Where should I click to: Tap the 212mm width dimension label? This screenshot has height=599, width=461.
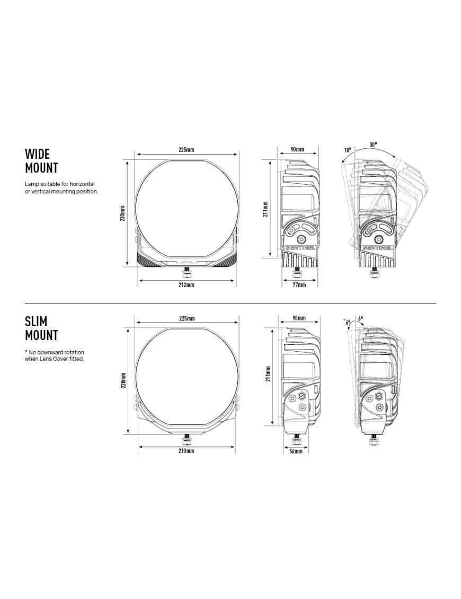point(187,285)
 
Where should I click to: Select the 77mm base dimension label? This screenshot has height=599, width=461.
point(299,285)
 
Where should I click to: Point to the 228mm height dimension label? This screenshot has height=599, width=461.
point(122,380)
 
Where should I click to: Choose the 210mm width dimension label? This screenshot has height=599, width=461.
point(187,451)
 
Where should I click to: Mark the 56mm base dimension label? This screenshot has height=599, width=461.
point(296,451)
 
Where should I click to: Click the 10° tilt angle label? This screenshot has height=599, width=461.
point(348,150)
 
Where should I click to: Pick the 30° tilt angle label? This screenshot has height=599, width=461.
point(373,144)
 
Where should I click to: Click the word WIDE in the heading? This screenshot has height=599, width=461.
point(37,154)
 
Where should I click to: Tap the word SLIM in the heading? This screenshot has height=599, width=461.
point(36,321)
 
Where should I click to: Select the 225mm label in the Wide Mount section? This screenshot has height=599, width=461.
point(186,150)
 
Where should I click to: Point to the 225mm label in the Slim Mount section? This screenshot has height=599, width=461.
point(187,318)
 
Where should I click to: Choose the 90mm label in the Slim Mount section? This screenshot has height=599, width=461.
point(299,318)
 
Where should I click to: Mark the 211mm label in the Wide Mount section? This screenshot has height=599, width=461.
point(265,209)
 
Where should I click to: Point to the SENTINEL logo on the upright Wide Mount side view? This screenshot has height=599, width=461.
point(300,247)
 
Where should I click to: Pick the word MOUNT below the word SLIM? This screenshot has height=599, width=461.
point(41,335)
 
